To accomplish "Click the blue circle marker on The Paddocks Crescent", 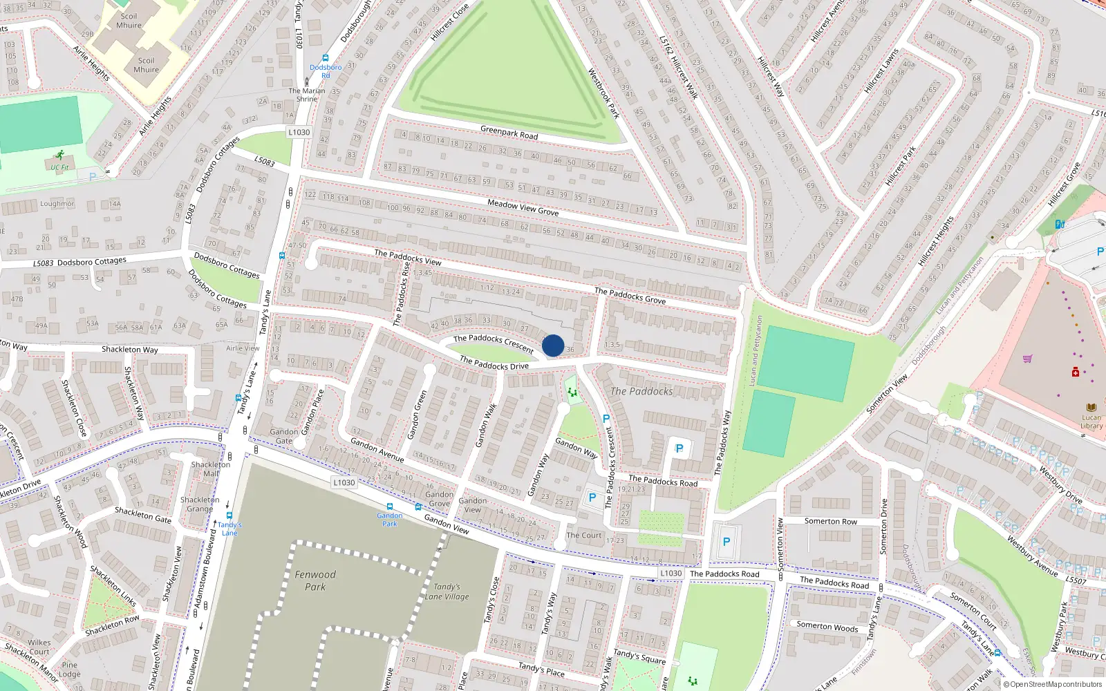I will click(553, 345).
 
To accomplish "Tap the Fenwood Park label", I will click(315, 580).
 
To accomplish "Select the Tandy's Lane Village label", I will click(447, 591).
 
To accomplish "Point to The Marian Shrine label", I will click(307, 95).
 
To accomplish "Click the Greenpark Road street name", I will click(509, 132).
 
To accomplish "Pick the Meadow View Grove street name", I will click(523, 207).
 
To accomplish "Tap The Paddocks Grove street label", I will click(630, 296).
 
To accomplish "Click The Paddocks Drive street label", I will click(494, 363).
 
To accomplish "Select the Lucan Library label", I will click(1091, 422).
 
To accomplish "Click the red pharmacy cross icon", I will click(1076, 372).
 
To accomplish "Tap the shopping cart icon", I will click(1028, 359).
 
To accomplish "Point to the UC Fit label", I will click(59, 167).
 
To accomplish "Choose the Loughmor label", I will click(57, 204).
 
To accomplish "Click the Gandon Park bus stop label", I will click(390, 520).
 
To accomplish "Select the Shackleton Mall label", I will click(206, 469).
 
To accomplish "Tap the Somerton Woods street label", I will click(827, 627).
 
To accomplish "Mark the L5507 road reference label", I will click(1076, 580).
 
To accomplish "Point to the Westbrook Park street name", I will click(603, 93).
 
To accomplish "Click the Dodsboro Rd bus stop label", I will click(326, 71).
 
